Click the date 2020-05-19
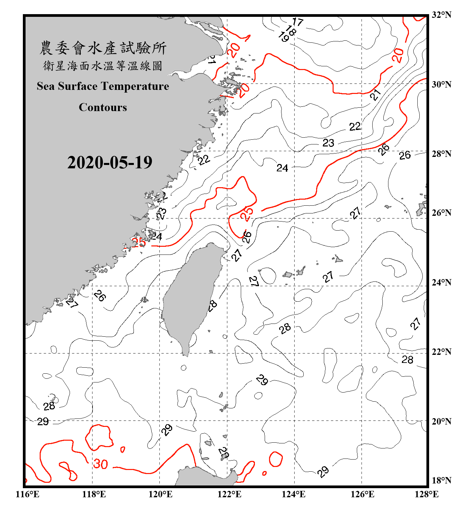point(110,163)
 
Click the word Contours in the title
point(103,107)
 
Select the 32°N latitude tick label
point(442,15)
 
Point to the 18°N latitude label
point(442,480)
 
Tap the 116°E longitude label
point(28,494)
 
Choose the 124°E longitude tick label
point(294,494)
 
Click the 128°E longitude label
point(426,494)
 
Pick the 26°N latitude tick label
point(442,213)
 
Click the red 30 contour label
point(101,464)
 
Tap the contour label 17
point(298,22)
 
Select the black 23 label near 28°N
point(328,143)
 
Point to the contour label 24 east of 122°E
point(282,168)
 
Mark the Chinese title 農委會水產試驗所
point(103,48)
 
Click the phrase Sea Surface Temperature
point(103,87)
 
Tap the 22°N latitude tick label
point(442,352)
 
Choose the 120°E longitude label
point(160,494)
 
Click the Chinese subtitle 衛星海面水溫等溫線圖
point(103,66)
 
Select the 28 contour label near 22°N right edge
point(407,360)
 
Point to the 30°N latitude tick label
point(442,85)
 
